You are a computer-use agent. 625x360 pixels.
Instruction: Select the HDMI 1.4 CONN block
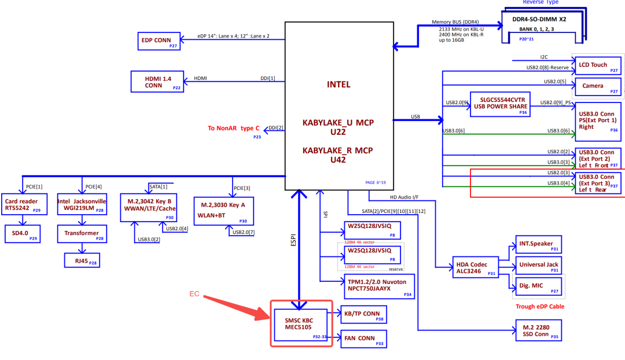coord(157,81)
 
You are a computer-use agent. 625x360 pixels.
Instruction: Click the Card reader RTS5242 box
coord(23,205)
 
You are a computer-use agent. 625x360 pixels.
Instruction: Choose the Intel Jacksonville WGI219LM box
coord(82,205)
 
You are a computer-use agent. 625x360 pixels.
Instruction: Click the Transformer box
coord(82,233)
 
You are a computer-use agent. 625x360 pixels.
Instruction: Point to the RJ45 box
coord(82,260)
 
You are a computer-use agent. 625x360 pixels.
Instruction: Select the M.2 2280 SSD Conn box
coord(539,330)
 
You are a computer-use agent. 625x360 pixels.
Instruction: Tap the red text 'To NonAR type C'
coord(233,128)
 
